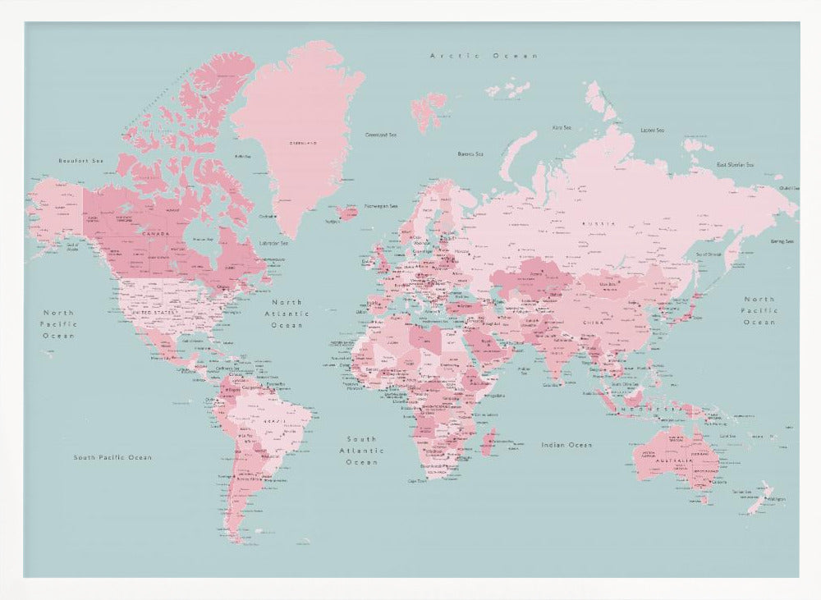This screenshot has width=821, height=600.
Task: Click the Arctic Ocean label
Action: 484,56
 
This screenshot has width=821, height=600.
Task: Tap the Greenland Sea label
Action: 380,135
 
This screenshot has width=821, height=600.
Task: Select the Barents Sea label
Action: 470,153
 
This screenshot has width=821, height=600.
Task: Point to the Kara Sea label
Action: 562,127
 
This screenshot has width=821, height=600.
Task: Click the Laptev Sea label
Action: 652,130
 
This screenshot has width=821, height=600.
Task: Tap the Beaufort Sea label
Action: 81,161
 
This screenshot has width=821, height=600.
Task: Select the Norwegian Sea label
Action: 381,206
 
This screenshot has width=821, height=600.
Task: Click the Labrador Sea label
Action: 273,243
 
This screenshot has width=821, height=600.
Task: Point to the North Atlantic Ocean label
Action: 287,314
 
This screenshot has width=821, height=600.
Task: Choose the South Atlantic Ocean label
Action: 361,451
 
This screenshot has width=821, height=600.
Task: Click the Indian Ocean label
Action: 566,445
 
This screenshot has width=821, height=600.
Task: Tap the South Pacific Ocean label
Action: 112,457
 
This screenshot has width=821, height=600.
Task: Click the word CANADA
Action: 155,234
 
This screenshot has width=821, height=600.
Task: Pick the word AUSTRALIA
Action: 676,461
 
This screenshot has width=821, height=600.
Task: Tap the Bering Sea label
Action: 782,241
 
